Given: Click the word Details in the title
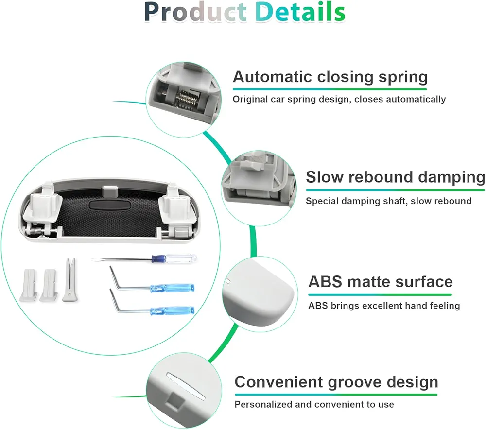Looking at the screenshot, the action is point(300,12).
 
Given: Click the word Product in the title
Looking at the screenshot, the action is point(195,12).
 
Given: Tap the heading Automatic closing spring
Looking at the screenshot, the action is point(330,77).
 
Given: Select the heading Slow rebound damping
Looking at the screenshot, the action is point(396,177).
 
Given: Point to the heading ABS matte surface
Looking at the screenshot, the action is point(381,282).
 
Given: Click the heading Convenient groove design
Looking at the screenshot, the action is point(336,382).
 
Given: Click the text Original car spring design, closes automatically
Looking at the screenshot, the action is point(339,99).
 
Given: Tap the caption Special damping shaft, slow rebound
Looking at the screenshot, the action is point(389,201).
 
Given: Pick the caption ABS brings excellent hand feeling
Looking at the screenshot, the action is point(384,306).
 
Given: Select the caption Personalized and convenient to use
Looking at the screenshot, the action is point(314,404).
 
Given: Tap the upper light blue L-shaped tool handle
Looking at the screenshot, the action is point(173,288).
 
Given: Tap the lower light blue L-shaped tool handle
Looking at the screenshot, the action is point(173,310).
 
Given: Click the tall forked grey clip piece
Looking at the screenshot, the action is point(69,280).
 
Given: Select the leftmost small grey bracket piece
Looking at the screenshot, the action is point(29,285).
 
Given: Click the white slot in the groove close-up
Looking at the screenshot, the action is point(186,386).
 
